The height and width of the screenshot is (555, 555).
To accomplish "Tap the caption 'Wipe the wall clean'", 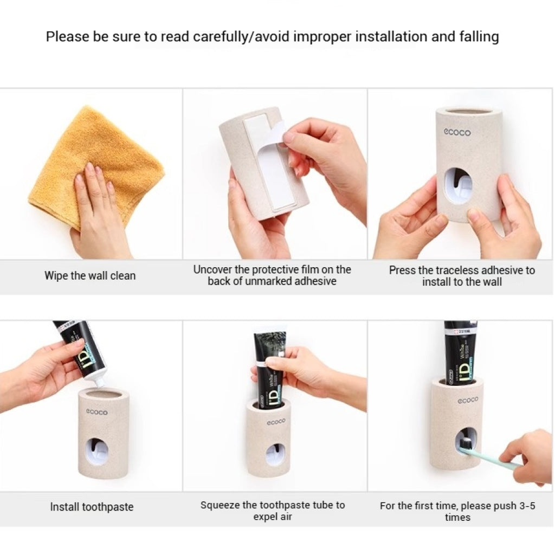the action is [90, 276].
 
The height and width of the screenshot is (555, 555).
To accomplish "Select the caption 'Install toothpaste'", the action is [92, 507].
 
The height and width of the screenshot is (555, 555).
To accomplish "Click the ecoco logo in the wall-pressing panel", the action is [457, 132].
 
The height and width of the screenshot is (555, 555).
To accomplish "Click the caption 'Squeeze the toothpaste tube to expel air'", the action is [273, 511].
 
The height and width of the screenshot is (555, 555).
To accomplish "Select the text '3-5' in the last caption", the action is [527, 506].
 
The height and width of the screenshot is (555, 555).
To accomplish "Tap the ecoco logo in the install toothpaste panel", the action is [96, 412].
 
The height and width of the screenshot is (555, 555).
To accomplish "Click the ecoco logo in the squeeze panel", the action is [276, 422].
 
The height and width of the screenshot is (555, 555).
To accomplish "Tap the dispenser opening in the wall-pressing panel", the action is [458, 186].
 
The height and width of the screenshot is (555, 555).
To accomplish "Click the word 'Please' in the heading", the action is [67, 36].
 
